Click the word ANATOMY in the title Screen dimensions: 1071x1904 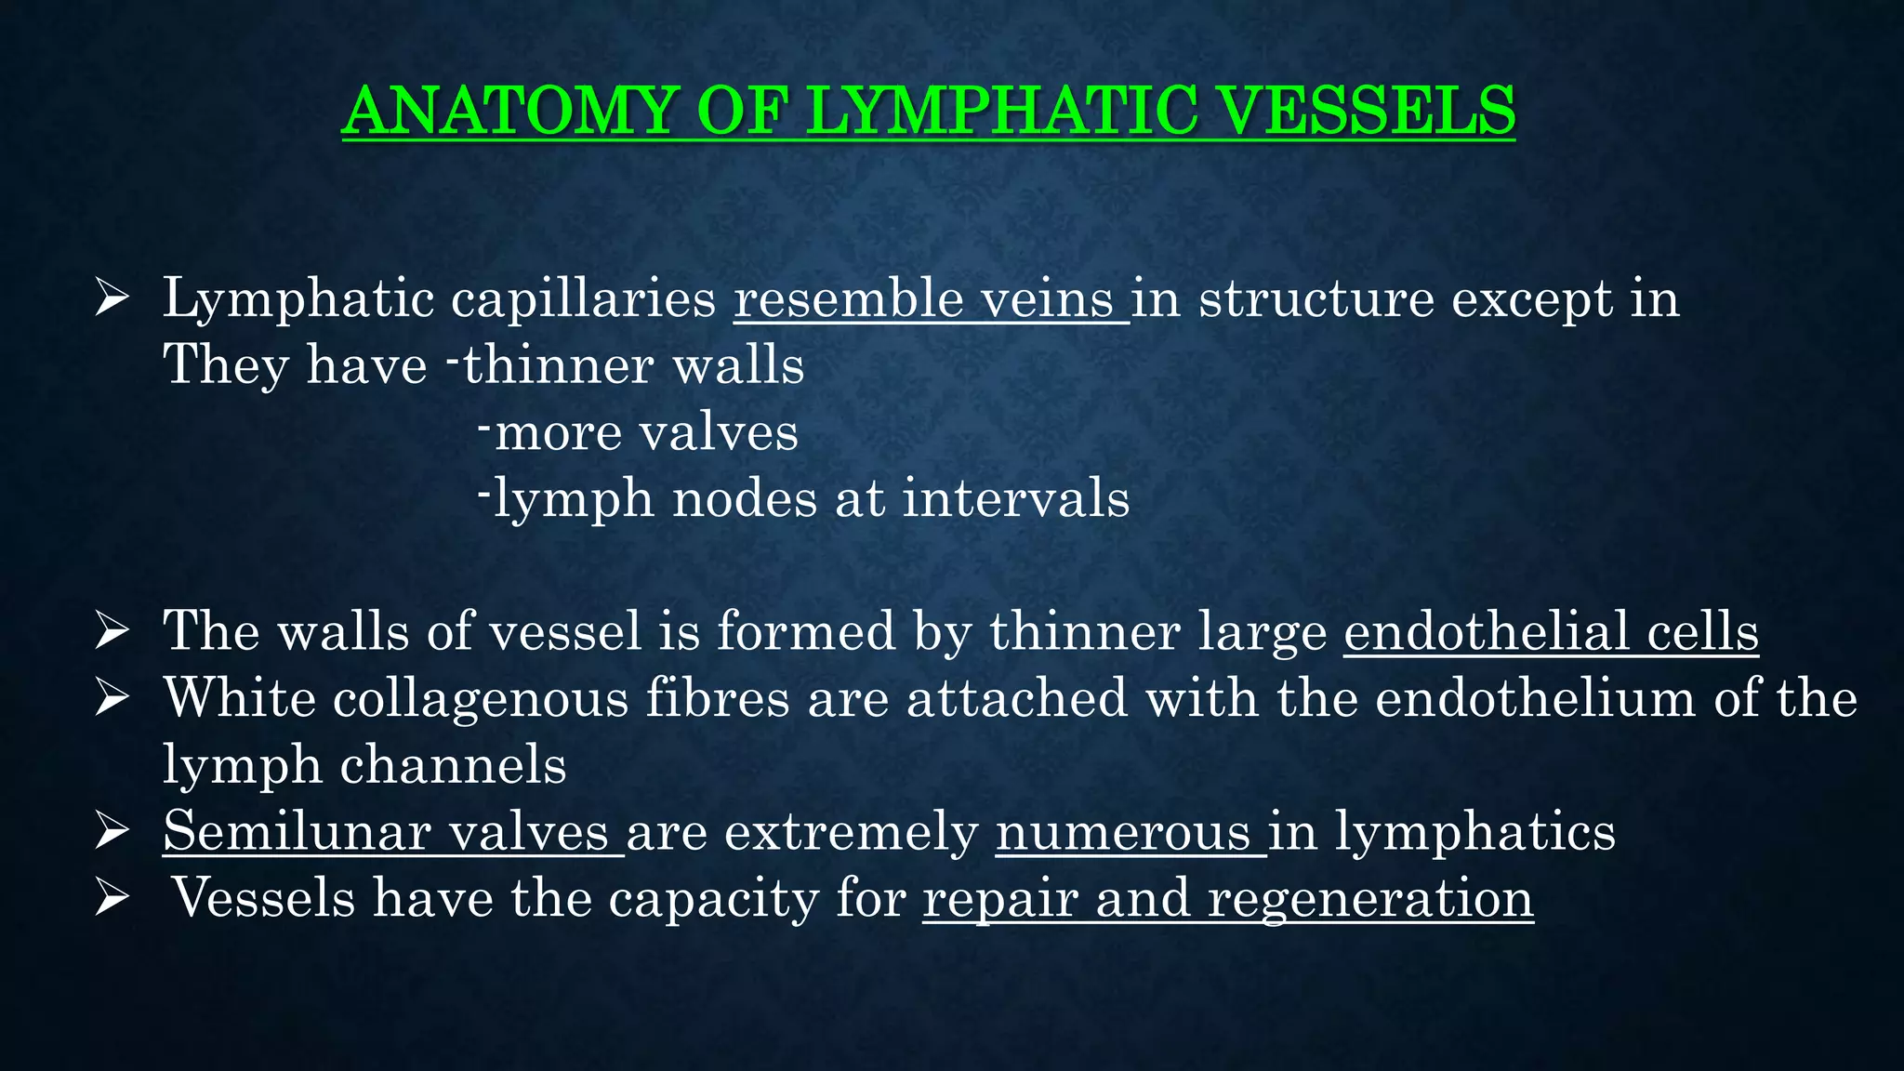click(x=507, y=111)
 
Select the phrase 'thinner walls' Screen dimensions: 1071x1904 click(x=633, y=364)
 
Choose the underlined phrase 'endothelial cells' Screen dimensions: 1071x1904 click(x=1551, y=631)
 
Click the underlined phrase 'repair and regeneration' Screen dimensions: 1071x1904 click(x=1227, y=899)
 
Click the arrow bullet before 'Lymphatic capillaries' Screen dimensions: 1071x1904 click(x=112, y=300)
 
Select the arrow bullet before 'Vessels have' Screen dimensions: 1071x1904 click(x=112, y=899)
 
